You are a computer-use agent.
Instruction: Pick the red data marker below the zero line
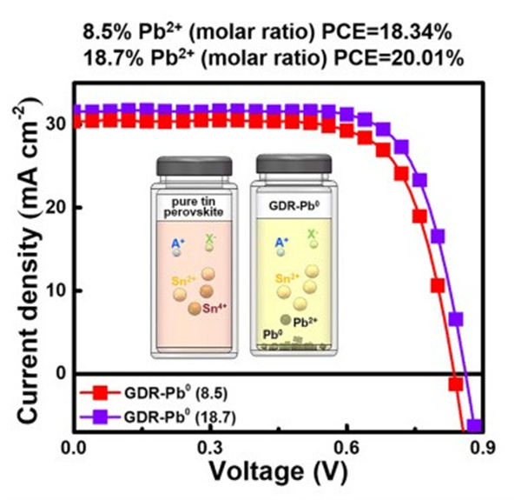[x=455, y=383]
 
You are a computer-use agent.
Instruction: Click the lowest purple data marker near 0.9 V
[x=474, y=426]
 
